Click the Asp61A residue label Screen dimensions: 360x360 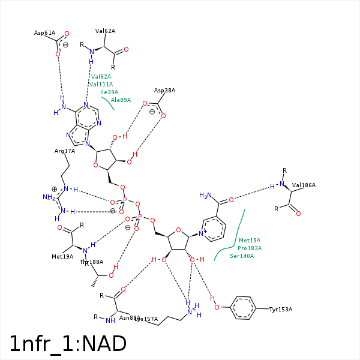tap(44, 33)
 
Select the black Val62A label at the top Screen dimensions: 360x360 tap(105, 31)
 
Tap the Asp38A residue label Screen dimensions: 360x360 tap(164, 91)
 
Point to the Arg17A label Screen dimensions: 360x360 tap(65, 151)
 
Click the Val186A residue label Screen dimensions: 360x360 tap(304, 185)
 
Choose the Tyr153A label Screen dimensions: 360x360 tap(280, 310)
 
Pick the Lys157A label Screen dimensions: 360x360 tap(146, 319)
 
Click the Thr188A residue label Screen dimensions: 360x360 tap(92, 262)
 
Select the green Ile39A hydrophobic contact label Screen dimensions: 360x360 tap(109, 92)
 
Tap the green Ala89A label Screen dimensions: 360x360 tap(121, 100)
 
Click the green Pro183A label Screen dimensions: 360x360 tap(250, 248)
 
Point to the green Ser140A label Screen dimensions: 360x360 tap(242, 256)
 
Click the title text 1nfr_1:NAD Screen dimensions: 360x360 tap(68, 344)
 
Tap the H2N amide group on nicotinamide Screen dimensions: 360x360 tap(205, 196)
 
